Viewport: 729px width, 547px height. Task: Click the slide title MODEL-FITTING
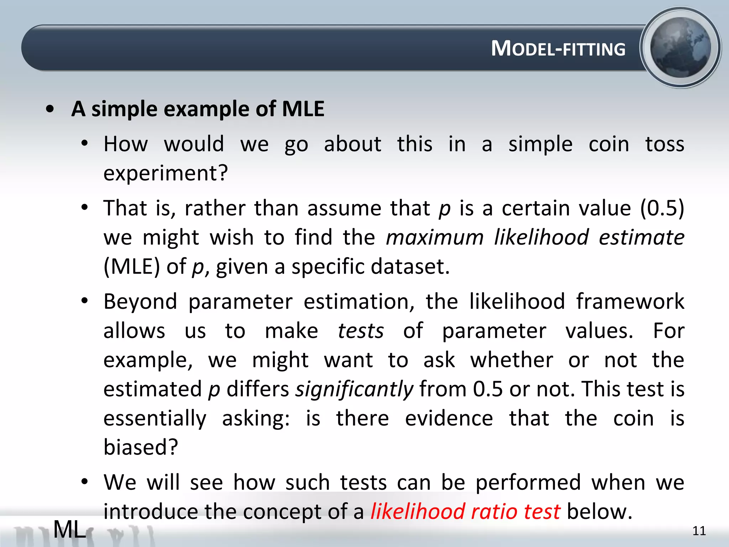point(558,48)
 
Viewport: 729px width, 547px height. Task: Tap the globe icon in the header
point(680,48)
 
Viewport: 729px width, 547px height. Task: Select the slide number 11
point(699,531)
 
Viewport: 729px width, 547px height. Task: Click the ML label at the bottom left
point(69,530)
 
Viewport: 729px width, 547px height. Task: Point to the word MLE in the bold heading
point(303,109)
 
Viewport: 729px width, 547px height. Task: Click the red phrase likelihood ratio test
point(465,512)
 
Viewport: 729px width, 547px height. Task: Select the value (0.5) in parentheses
point(662,208)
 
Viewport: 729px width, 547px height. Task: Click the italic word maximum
point(435,238)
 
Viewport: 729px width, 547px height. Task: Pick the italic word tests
point(361,331)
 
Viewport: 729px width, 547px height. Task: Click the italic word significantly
point(355,389)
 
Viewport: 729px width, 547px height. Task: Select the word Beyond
point(140,302)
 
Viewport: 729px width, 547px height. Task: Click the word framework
point(630,302)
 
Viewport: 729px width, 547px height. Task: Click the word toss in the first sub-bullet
point(665,144)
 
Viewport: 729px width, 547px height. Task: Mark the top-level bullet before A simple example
point(50,109)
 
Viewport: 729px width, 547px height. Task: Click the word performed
point(528,483)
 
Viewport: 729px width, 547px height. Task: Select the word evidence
point(449,418)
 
